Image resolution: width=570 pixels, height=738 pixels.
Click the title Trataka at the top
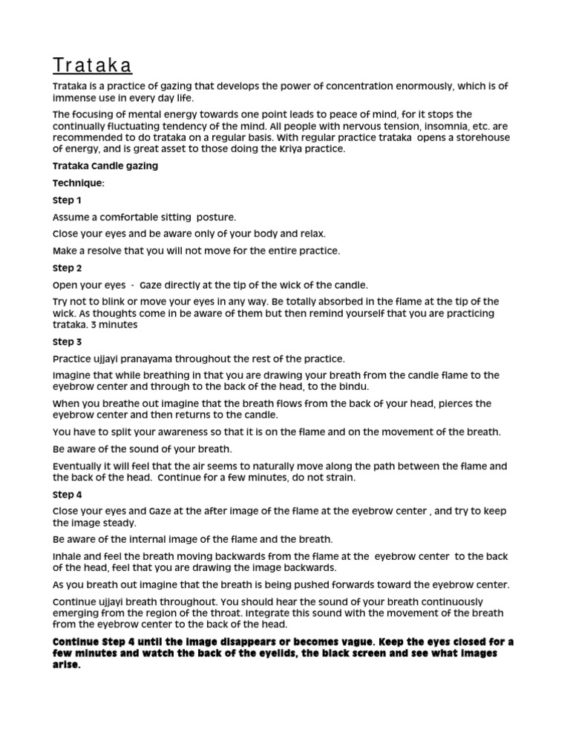pos(93,65)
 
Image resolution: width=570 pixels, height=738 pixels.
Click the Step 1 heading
pos(68,200)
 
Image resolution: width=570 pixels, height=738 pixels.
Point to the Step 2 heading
pos(68,269)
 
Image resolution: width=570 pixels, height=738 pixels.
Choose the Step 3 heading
pos(68,342)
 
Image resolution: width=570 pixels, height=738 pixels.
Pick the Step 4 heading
pos(68,494)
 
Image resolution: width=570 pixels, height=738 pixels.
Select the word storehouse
pos(474,137)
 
